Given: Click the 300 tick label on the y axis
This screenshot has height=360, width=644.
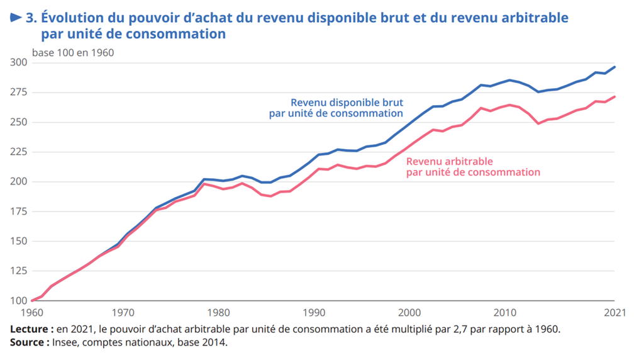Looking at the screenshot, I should point(18,62).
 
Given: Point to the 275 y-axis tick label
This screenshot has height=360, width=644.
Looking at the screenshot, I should point(18,93).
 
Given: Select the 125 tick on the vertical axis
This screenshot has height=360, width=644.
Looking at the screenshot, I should point(18,271).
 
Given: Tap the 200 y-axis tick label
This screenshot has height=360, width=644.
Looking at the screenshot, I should point(18,182).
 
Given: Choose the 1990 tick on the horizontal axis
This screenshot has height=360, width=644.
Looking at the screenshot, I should point(314,312).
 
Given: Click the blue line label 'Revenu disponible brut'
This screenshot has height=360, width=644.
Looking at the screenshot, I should point(347,102).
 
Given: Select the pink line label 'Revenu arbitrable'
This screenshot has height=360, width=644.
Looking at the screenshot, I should point(450,161).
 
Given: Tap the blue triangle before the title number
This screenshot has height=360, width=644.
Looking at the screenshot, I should point(16,18).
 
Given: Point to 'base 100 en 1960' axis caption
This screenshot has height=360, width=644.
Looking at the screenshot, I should point(73,53).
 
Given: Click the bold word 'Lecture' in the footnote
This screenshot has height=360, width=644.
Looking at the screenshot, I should point(30,329).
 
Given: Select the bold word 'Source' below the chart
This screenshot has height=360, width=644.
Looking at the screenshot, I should point(27,342).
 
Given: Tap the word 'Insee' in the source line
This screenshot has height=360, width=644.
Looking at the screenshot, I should point(65,342).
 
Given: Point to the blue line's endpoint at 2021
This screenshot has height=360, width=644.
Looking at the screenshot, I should point(614,67).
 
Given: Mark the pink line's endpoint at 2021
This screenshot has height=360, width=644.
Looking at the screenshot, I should point(614,97).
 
